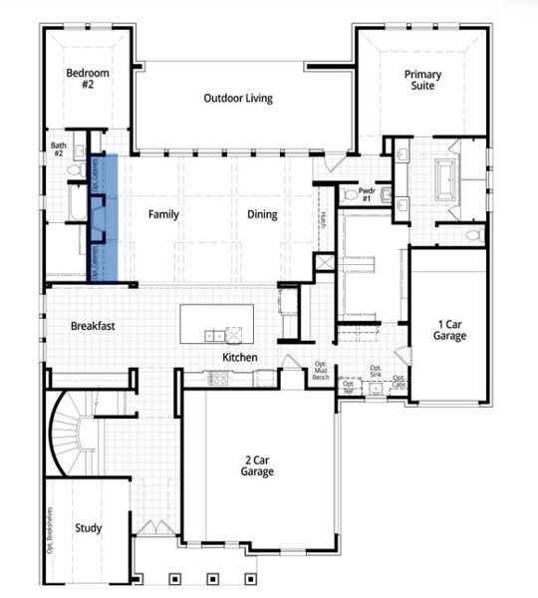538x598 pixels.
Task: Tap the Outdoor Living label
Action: (x=238, y=98)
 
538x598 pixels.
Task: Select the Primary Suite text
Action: (x=422, y=80)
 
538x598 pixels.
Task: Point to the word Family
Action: (x=163, y=214)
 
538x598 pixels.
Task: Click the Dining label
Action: (x=262, y=214)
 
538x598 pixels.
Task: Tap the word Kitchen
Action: (x=240, y=357)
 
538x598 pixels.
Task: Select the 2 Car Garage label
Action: (x=258, y=466)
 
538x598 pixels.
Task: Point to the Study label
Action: (x=88, y=527)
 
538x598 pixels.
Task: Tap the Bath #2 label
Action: (x=58, y=149)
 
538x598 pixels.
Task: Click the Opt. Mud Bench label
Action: (x=321, y=371)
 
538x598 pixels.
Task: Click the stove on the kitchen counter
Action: (x=218, y=379)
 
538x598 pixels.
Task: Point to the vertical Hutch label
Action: (x=323, y=220)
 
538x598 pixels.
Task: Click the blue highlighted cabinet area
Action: (x=104, y=217)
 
